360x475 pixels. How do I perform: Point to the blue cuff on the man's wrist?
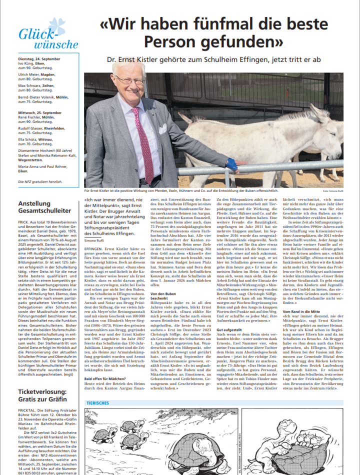231,164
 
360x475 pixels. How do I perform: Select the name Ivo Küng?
26,64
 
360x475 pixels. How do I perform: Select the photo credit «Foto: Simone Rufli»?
332,191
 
